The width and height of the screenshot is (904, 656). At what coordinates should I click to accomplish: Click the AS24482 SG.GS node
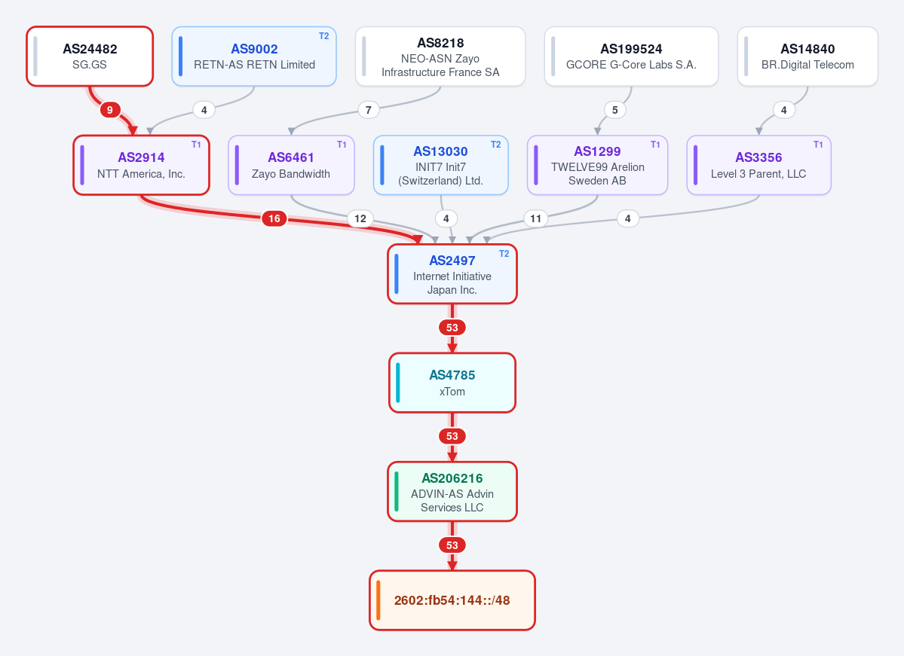tap(90, 56)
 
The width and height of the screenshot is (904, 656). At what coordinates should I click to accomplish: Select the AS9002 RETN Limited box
tap(254, 56)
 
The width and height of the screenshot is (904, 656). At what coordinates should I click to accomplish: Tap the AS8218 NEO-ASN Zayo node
tap(440, 56)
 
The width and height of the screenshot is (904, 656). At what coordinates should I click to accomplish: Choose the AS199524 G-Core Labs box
tap(631, 56)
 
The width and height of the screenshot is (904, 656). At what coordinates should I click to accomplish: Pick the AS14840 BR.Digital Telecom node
tap(807, 56)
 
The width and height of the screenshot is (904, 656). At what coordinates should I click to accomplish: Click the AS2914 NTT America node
tap(141, 165)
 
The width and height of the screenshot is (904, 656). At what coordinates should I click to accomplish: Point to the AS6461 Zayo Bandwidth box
tap(291, 165)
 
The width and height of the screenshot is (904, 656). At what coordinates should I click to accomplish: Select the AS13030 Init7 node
tap(441, 165)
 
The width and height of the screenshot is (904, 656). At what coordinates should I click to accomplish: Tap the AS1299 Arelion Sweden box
tap(597, 165)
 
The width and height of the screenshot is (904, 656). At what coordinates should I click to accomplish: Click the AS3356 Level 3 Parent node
tap(758, 165)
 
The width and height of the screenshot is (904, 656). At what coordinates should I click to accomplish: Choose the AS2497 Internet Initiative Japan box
tap(452, 274)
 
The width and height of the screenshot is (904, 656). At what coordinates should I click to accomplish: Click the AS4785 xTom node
tap(452, 383)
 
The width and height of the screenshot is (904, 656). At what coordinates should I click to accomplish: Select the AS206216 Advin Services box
tap(452, 492)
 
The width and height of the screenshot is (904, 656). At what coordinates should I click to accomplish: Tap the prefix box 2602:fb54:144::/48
tap(452, 600)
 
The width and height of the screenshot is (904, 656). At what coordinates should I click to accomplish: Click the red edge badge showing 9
tap(110, 109)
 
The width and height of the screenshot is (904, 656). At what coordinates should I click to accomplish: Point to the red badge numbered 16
tap(274, 218)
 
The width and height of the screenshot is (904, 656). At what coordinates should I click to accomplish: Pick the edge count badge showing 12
tap(360, 218)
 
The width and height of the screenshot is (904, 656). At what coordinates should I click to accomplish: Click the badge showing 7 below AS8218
tap(369, 109)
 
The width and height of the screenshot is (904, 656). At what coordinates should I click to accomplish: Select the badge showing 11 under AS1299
tap(535, 218)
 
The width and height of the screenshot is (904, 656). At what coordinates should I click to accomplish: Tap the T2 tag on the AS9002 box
tap(324, 36)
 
